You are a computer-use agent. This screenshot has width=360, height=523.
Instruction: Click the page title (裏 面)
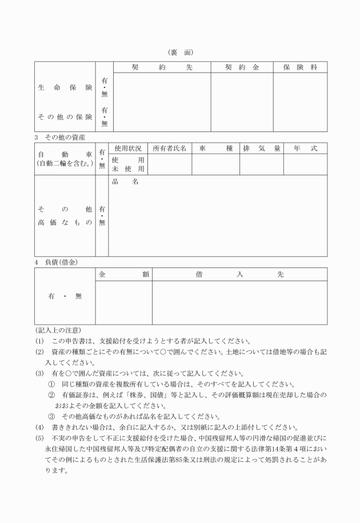pos(181,53)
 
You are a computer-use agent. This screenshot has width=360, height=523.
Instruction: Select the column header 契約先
pos(162,67)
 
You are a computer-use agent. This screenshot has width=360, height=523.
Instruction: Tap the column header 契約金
pos(242,67)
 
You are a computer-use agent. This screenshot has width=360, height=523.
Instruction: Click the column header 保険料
pos(300,67)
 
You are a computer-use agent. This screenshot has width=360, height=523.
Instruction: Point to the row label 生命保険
pos(65,88)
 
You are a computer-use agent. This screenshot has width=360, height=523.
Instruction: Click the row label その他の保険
pos(65,117)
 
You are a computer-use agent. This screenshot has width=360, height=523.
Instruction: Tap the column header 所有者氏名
pos(170,149)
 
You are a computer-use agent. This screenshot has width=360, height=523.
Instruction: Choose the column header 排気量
pos(262,149)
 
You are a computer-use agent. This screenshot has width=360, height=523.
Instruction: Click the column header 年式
pos(305,149)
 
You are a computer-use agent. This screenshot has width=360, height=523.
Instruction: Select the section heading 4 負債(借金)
pos(56,262)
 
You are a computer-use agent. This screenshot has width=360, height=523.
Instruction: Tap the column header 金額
pos(123,274)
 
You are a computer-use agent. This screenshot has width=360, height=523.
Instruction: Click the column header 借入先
pos(239,274)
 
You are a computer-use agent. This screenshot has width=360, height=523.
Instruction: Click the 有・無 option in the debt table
pos(65,296)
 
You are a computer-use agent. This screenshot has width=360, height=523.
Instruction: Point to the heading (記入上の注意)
pos(58,330)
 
